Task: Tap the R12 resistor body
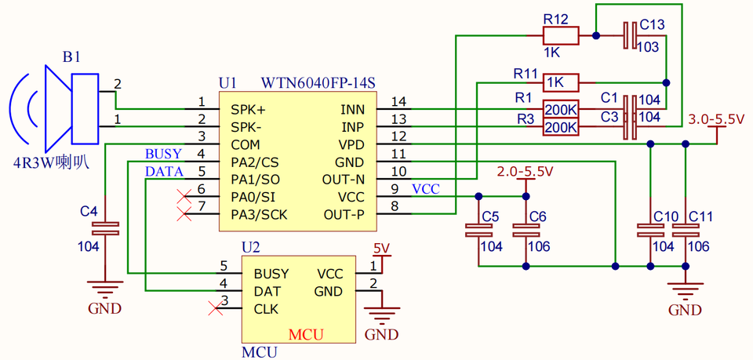(x=560, y=35)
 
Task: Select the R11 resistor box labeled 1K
(x=561, y=83)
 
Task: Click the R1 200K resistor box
(x=561, y=109)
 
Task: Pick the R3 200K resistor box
(x=561, y=127)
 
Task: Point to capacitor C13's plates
(x=631, y=35)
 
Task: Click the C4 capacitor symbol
(x=104, y=229)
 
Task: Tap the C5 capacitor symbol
(x=478, y=231)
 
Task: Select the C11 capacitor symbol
(x=686, y=231)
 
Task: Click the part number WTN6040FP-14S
(x=318, y=83)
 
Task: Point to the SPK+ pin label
(x=248, y=110)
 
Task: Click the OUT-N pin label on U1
(x=344, y=180)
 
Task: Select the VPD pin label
(x=352, y=144)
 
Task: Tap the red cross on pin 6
(x=184, y=196)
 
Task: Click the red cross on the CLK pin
(x=216, y=309)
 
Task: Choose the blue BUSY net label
(x=163, y=154)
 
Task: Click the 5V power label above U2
(x=383, y=248)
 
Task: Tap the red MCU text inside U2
(x=305, y=334)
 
